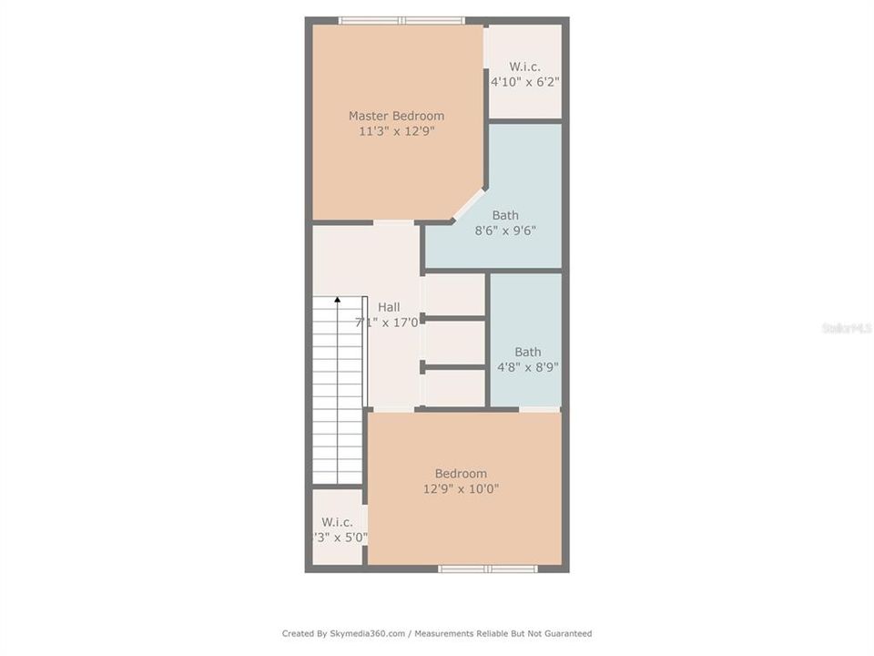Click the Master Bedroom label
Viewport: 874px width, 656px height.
coord(396,116)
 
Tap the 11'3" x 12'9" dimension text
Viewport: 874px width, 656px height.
coord(396,131)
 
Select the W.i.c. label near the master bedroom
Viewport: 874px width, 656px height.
coord(524,67)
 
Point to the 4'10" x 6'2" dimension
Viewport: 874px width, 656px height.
coord(524,82)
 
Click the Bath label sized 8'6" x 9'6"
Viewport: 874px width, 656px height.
coord(505,216)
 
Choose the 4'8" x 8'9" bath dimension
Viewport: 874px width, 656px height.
coord(527,368)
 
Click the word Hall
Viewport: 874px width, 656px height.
coord(389,307)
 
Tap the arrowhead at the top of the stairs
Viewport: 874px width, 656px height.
coord(338,299)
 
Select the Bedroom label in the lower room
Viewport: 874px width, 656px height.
coord(460,474)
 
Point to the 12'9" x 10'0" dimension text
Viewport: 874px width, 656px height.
coord(460,489)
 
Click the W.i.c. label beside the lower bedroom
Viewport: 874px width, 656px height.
coord(337,522)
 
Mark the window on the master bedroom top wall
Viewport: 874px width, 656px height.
coord(401,20)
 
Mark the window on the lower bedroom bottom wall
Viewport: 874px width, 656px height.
coord(487,569)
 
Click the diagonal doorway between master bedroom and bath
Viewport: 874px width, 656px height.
coord(469,204)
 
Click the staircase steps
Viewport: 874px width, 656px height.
coord(338,392)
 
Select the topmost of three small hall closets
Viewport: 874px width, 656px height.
coord(454,294)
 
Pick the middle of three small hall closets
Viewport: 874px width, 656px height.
coord(454,343)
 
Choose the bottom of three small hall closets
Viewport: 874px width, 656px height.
coord(454,388)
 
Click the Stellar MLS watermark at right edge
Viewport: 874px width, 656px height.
coord(846,328)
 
